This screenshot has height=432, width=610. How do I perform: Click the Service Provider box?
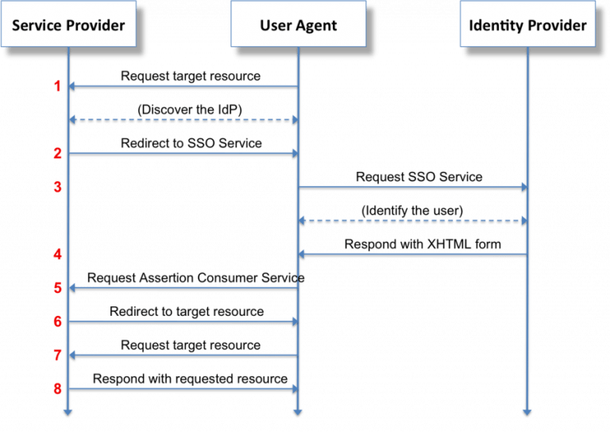pos(68,25)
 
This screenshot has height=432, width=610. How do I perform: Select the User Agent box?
pos(298,25)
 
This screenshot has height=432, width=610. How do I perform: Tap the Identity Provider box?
pos(527,25)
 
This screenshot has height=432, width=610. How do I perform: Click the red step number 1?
pos(57,86)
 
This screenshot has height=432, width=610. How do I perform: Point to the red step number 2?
pos(57,153)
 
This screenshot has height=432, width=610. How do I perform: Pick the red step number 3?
pos(57,187)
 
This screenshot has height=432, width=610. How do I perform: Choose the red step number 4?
pos(57,255)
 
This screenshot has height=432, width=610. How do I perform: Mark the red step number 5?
pos(57,288)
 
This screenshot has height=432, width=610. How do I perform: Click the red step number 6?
pos(57,321)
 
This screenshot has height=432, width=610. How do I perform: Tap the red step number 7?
pos(57,355)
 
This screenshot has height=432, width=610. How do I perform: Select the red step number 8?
pos(57,389)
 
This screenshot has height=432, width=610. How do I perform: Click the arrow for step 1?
pos(183,86)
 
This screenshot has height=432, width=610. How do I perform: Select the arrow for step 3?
pos(413,187)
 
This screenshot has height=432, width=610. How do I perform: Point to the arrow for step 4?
pos(413,254)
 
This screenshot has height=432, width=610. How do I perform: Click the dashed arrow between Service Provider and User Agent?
pos(183,119)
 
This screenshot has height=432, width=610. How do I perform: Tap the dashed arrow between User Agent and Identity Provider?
pos(413,220)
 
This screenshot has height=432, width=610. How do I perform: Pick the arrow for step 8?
pos(183,389)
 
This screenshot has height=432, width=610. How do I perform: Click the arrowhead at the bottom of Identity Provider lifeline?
pos(527,411)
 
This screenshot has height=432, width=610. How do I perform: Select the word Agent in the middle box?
pos(316,25)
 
